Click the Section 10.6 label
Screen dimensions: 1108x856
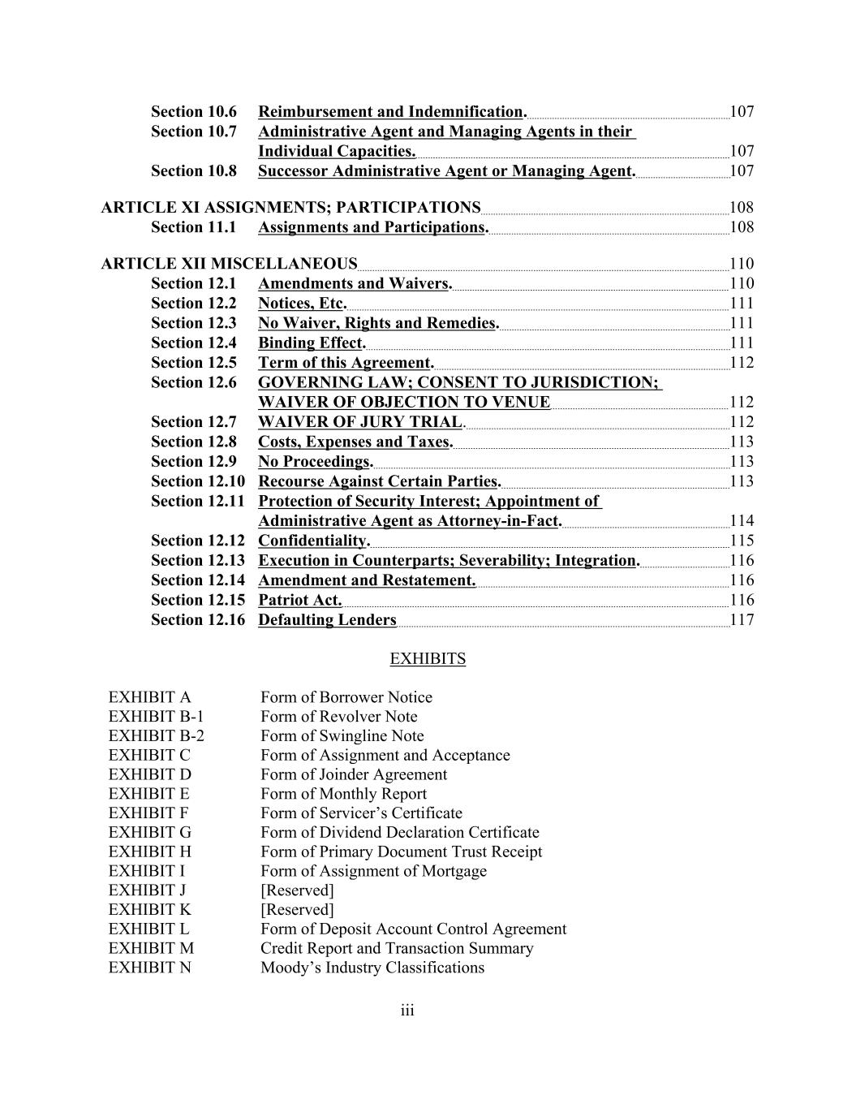[193, 112]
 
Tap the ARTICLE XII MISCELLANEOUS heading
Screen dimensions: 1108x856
[229, 264]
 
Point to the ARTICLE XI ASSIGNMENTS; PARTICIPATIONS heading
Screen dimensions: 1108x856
[290, 208]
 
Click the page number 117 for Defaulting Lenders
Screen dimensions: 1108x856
[742, 620]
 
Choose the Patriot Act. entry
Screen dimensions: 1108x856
[299, 601]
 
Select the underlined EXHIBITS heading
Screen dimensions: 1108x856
[428, 659]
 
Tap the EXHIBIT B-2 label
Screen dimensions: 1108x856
[157, 736]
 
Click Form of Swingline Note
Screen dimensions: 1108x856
[342, 736]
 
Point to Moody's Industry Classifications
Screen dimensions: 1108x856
[372, 968]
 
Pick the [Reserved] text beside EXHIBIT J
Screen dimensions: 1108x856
[297, 890]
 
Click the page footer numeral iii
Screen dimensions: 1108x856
[407, 1011]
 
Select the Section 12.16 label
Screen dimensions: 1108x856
[197, 620]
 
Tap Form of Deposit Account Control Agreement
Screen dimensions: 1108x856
[413, 929]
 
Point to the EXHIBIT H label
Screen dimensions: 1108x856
[150, 851]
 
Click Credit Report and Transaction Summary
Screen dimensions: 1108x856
[397, 948]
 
